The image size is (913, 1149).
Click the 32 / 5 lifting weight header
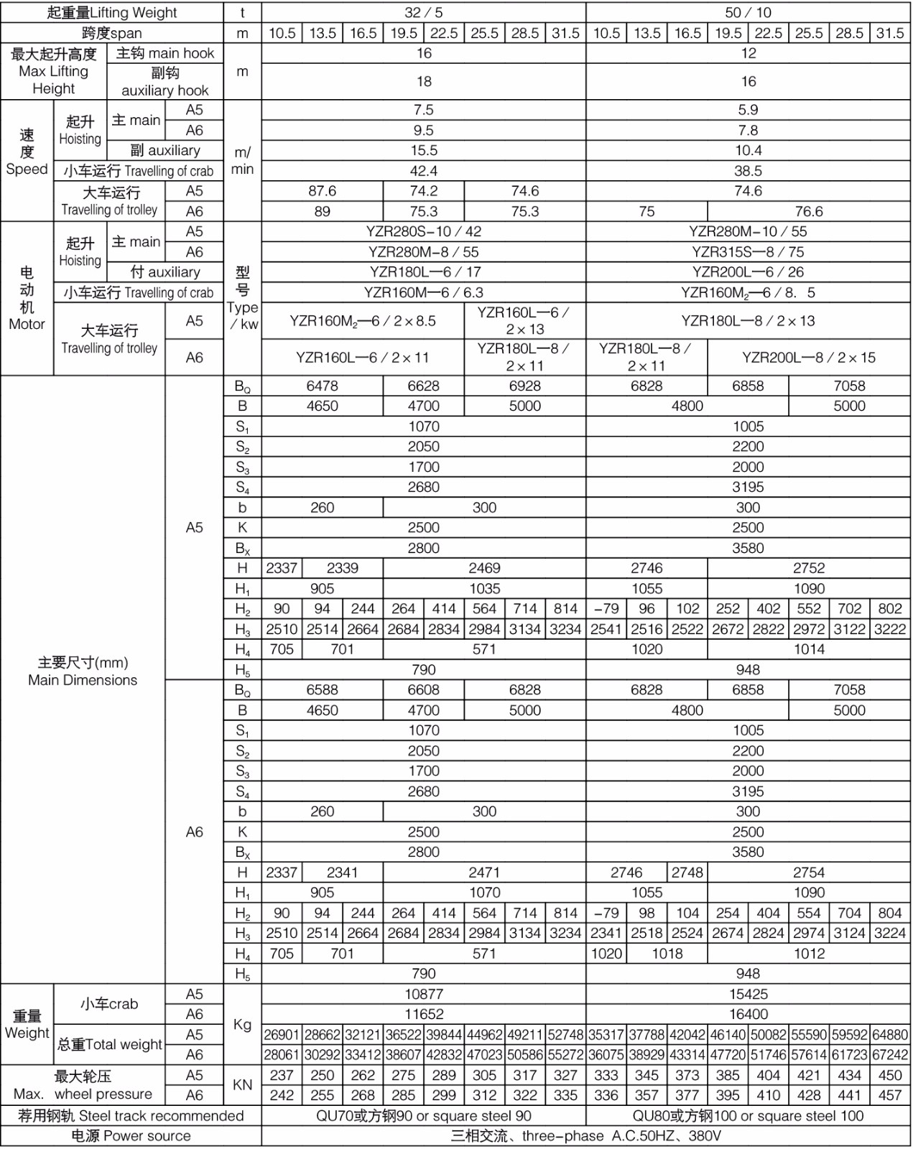[x=423, y=12]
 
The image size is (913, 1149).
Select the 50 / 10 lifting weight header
[x=748, y=12]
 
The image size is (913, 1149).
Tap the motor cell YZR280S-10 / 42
[x=423, y=231]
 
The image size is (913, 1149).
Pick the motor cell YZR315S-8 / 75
[x=748, y=252]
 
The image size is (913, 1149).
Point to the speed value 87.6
[x=322, y=191]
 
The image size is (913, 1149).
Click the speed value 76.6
[x=808, y=211]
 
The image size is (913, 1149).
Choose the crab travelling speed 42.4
[x=423, y=171]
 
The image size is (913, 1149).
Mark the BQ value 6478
[x=322, y=386]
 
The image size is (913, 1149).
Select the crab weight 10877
[x=423, y=994]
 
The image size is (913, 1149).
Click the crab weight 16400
[x=748, y=1014]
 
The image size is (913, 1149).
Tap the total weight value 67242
[x=889, y=1055]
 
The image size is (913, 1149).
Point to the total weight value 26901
[x=281, y=1035]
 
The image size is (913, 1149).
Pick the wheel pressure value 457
[x=889, y=1095]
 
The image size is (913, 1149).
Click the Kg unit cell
[x=242, y=1024]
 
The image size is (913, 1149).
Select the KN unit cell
[x=242, y=1085]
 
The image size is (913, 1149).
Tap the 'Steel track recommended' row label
[x=131, y=1116]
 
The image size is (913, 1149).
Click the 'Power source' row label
[x=131, y=1136]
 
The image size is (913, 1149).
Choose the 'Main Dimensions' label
[x=83, y=671]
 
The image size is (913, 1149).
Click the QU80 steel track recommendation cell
[x=748, y=1116]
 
